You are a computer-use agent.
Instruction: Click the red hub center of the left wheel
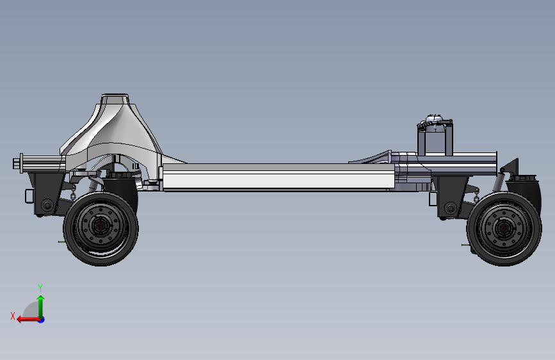click(x=101, y=225)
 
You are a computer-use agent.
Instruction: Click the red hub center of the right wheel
click(x=504, y=229)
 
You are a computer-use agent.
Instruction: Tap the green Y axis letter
click(x=40, y=288)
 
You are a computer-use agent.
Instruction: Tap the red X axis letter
click(x=13, y=316)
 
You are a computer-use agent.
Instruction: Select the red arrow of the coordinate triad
click(x=28, y=320)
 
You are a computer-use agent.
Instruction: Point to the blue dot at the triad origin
click(x=42, y=320)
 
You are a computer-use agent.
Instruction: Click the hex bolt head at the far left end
click(x=16, y=164)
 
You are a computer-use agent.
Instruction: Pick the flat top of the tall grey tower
click(x=115, y=95)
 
